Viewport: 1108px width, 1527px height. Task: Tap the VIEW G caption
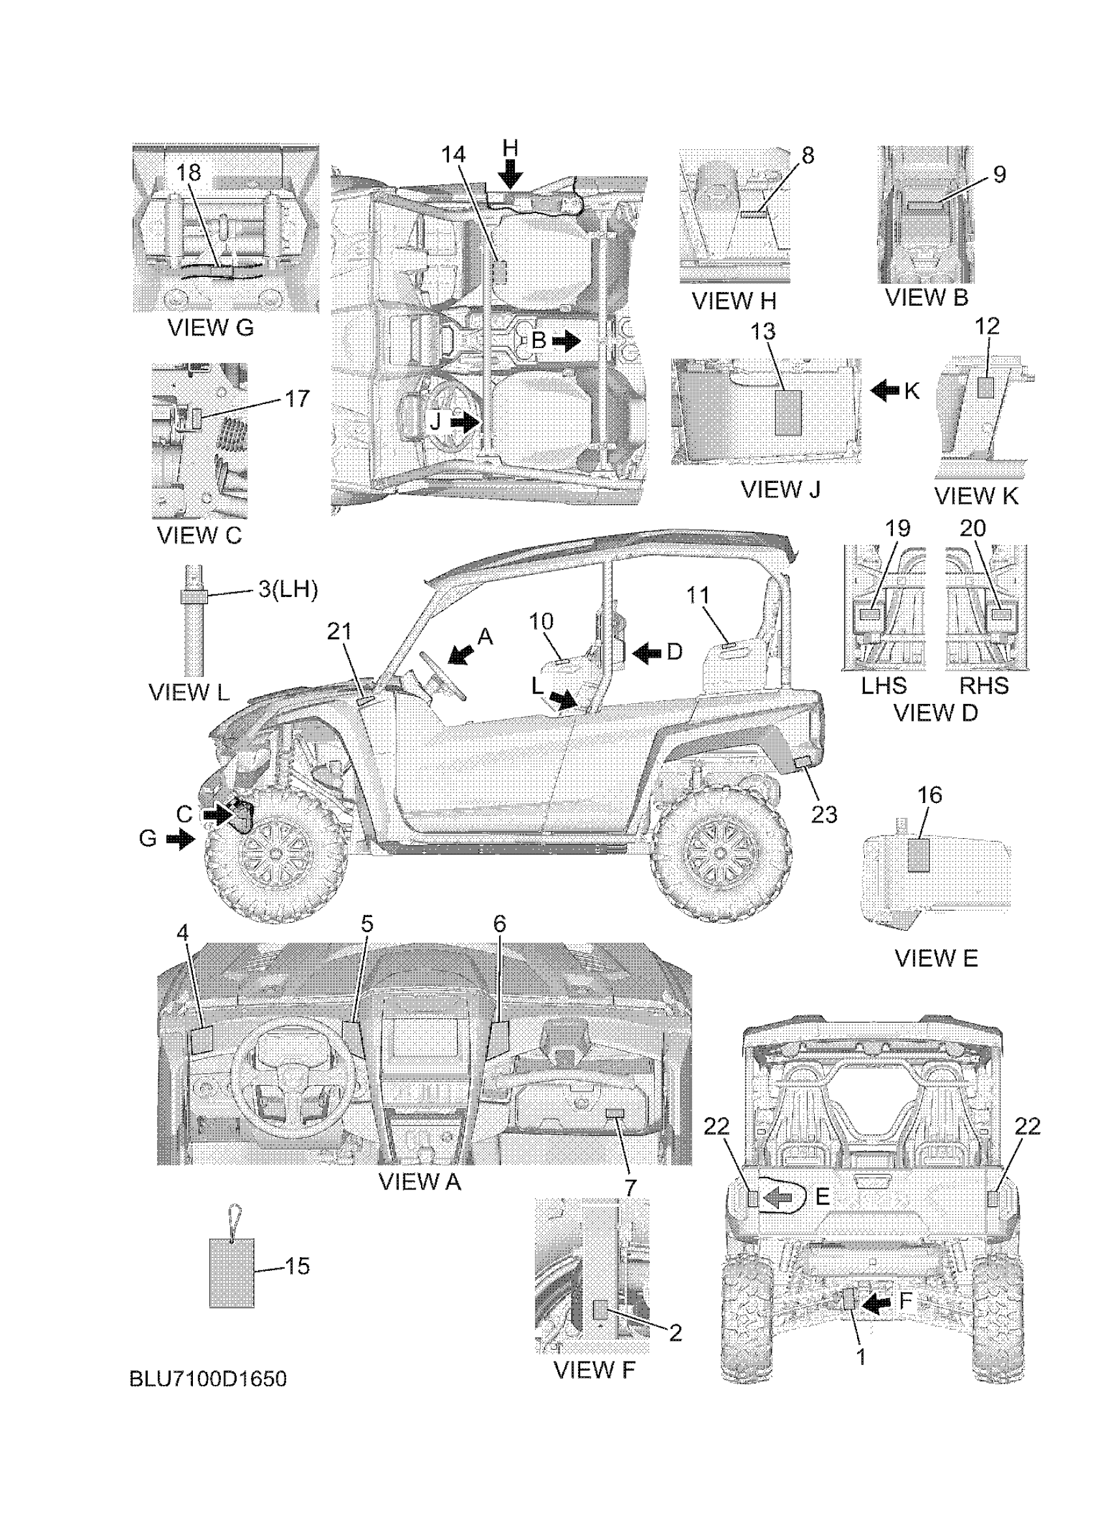click(210, 328)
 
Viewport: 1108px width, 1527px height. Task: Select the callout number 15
click(296, 1266)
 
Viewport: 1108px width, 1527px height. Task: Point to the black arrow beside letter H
click(512, 177)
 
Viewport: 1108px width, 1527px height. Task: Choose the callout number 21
click(340, 632)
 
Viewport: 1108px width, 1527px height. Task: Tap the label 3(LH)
click(287, 590)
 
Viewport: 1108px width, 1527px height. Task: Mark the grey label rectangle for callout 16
click(918, 856)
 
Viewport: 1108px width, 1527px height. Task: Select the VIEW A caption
click(419, 1182)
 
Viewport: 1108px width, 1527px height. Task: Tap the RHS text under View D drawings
click(984, 686)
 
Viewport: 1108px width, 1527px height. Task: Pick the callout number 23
click(823, 815)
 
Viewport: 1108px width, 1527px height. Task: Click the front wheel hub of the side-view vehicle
click(275, 854)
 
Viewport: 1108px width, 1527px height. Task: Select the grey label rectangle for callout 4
click(201, 1041)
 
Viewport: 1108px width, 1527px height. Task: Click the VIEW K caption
click(976, 496)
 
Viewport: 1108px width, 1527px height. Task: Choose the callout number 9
click(999, 175)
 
